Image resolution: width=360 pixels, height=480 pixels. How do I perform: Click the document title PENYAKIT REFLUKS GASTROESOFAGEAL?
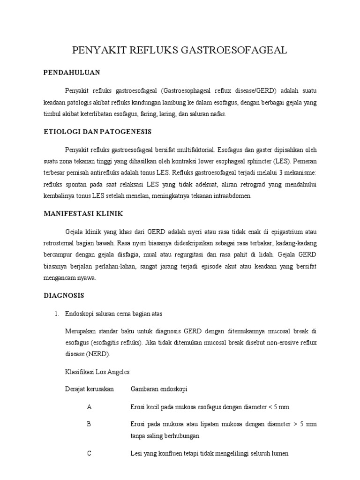pos(180,51)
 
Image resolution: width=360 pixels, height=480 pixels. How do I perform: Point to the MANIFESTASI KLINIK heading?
pos(83,213)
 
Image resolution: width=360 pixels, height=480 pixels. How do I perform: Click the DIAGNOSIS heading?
pos(63,296)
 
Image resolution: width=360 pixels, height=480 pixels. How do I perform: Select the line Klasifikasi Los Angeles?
pos(97,372)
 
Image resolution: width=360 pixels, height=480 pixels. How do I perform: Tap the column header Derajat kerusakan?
pos(89,389)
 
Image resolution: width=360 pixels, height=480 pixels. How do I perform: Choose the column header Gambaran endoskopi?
pos(159,389)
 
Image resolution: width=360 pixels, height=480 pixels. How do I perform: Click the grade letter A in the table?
pos(89,407)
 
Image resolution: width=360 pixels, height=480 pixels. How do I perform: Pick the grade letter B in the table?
pos(89,424)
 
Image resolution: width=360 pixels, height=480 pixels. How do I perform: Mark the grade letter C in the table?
pos(89,454)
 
